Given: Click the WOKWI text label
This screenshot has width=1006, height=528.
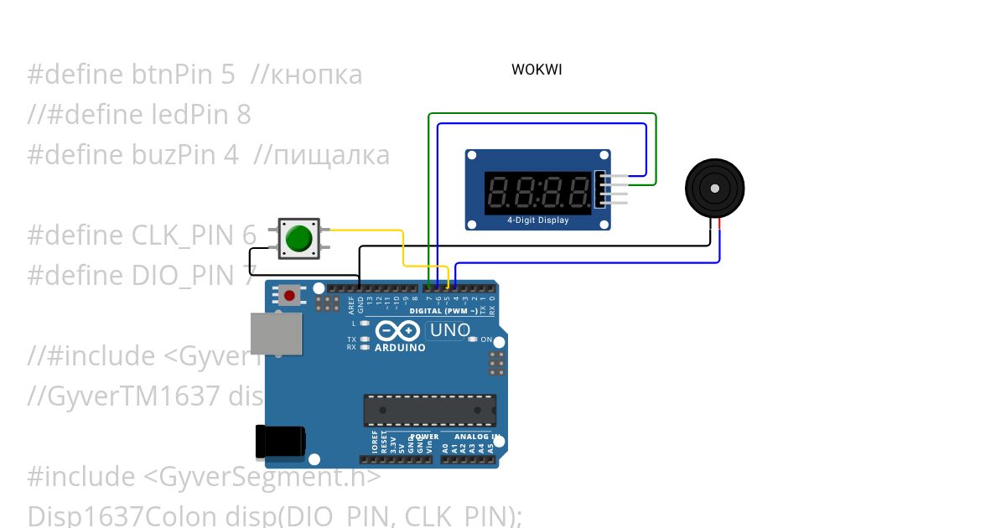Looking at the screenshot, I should coord(537,70).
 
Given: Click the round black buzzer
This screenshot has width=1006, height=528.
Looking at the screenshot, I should coord(714,189).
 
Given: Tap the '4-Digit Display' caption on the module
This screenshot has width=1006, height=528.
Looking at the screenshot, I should coord(537,220).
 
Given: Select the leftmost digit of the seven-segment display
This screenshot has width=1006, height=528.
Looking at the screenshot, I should coord(495,193).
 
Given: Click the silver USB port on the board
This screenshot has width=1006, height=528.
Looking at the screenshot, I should coord(276,334).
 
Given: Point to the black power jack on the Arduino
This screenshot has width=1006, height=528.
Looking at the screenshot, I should coord(279,442).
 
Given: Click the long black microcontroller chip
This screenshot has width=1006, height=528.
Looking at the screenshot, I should coord(429,410).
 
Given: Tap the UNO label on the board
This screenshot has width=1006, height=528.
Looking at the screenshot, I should coord(449,330).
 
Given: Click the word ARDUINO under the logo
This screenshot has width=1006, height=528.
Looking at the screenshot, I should coord(400,347).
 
